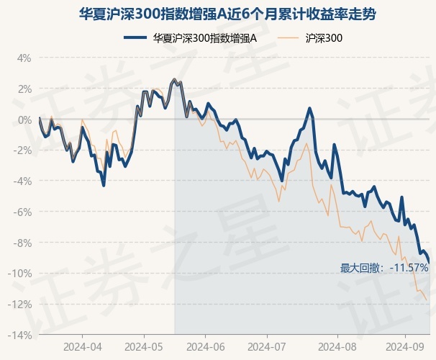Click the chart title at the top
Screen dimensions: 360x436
pyautogui.click(x=218, y=14)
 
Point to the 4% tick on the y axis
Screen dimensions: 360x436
pyautogui.click(x=24, y=58)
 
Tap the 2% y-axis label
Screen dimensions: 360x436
pyautogui.click(x=24, y=89)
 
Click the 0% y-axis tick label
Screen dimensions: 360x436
pyautogui.click(x=24, y=120)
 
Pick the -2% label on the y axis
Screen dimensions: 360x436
pyautogui.click(x=23, y=150)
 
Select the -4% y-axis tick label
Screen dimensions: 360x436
pyautogui.click(x=23, y=181)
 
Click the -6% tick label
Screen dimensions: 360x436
pyautogui.click(x=23, y=212)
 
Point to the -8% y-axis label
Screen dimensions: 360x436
pyautogui.click(x=23, y=243)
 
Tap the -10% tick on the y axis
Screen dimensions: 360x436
pyautogui.click(x=21, y=274)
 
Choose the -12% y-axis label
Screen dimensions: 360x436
pyautogui.click(x=21, y=305)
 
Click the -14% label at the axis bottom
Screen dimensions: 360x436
pyautogui.click(x=21, y=336)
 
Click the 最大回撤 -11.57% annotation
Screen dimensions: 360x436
pyautogui.click(x=384, y=268)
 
